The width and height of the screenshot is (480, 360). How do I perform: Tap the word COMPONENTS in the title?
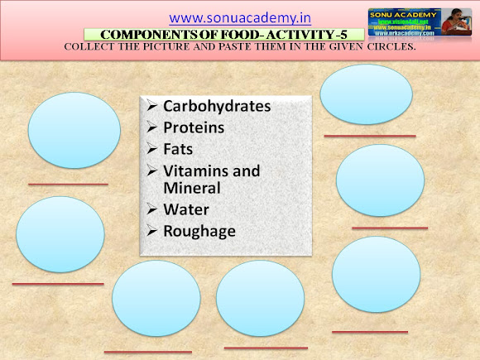pos(137,34)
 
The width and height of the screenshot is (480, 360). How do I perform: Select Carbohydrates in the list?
pos(217,107)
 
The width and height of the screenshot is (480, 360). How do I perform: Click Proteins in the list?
pos(194,128)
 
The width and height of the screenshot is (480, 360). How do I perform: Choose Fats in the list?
pos(179,150)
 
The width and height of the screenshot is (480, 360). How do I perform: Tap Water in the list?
pos(186,209)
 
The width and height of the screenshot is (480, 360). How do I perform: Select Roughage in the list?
pos(199,231)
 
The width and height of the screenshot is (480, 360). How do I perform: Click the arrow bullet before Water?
pos(151,209)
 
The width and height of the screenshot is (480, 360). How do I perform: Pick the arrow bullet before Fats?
pos(151,150)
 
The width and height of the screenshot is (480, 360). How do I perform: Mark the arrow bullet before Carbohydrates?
pos(151,107)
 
